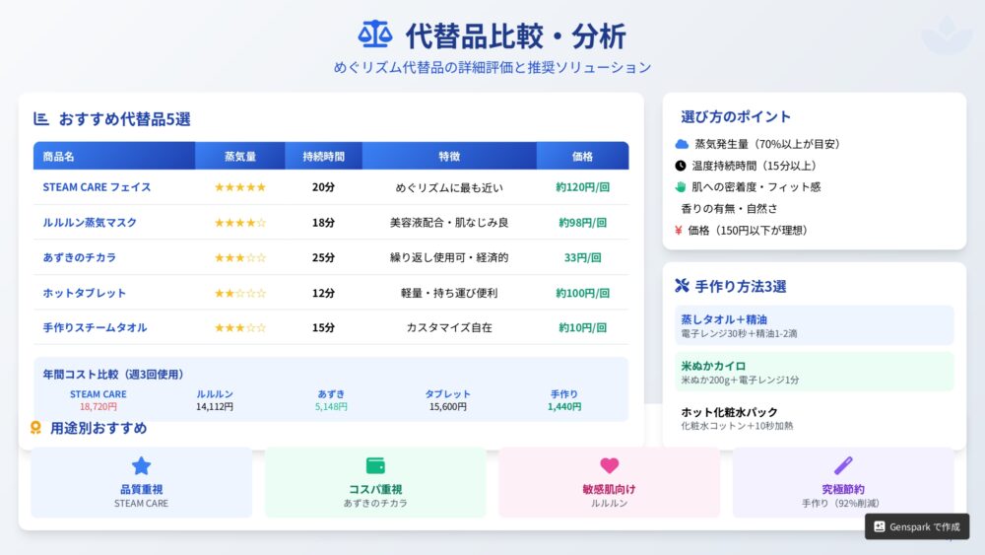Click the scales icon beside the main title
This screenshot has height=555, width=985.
pyautogui.click(x=375, y=35)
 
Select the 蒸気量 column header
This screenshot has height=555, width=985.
pyautogui.click(x=240, y=157)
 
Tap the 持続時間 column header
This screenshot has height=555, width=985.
pyautogui.click(x=323, y=157)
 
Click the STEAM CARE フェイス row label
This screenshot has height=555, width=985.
pyautogui.click(x=97, y=187)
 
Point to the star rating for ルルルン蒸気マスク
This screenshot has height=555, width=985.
pyautogui.click(x=240, y=223)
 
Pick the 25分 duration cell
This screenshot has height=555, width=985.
pyautogui.click(x=323, y=257)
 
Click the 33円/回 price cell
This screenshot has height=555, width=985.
pyautogui.click(x=582, y=257)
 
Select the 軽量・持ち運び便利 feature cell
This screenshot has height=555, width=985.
pyautogui.click(x=449, y=293)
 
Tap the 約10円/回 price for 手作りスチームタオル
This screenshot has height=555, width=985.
pyautogui.click(x=582, y=327)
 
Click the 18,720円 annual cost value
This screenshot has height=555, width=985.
pyautogui.click(x=98, y=407)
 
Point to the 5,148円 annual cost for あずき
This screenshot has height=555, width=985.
pyautogui.click(x=331, y=407)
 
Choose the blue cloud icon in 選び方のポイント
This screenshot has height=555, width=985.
pyautogui.click(x=682, y=144)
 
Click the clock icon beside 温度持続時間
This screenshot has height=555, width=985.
pyautogui.click(x=681, y=166)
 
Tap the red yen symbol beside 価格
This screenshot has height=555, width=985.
pyautogui.click(x=679, y=231)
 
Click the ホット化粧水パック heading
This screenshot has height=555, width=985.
pyautogui.click(x=729, y=412)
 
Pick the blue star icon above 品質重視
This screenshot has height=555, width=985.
pyautogui.click(x=141, y=465)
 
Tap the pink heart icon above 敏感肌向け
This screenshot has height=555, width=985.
pyautogui.click(x=610, y=465)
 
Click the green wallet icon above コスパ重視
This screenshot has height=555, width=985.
pyautogui.click(x=375, y=465)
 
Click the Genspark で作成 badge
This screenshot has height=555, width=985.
pyautogui.click(x=917, y=526)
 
